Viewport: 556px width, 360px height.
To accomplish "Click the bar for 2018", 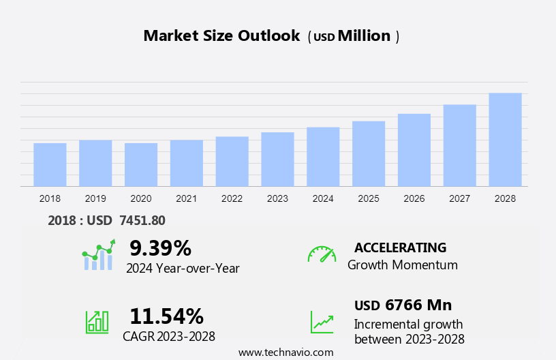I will click(50, 164).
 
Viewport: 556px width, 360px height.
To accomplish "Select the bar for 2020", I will click(141, 164).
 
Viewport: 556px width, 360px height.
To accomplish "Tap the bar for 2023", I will click(277, 159).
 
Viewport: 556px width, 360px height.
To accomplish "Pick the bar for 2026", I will click(414, 150).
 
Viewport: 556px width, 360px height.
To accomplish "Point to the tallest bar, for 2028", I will click(505, 140).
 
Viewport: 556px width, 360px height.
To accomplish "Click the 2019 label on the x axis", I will click(95, 198).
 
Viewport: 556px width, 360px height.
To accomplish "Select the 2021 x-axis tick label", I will click(187, 198).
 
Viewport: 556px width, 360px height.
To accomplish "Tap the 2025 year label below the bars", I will click(369, 198).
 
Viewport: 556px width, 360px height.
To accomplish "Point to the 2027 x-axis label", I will click(460, 198).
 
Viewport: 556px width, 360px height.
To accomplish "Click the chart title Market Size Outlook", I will click(221, 36).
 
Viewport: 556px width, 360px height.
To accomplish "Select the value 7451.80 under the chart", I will click(142, 220).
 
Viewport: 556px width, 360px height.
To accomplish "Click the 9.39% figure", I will click(160, 247).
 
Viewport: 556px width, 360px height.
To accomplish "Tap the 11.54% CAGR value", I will click(166, 316).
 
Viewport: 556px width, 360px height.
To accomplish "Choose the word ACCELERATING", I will click(400, 247).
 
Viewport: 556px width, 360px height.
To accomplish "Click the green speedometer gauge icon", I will click(322, 254).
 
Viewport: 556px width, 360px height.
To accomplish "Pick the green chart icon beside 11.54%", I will click(97, 321).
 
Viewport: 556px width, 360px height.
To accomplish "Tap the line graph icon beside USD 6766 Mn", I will click(322, 321).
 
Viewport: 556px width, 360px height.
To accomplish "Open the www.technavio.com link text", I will click(286, 352).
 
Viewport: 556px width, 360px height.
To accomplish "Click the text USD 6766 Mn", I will click(403, 305).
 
